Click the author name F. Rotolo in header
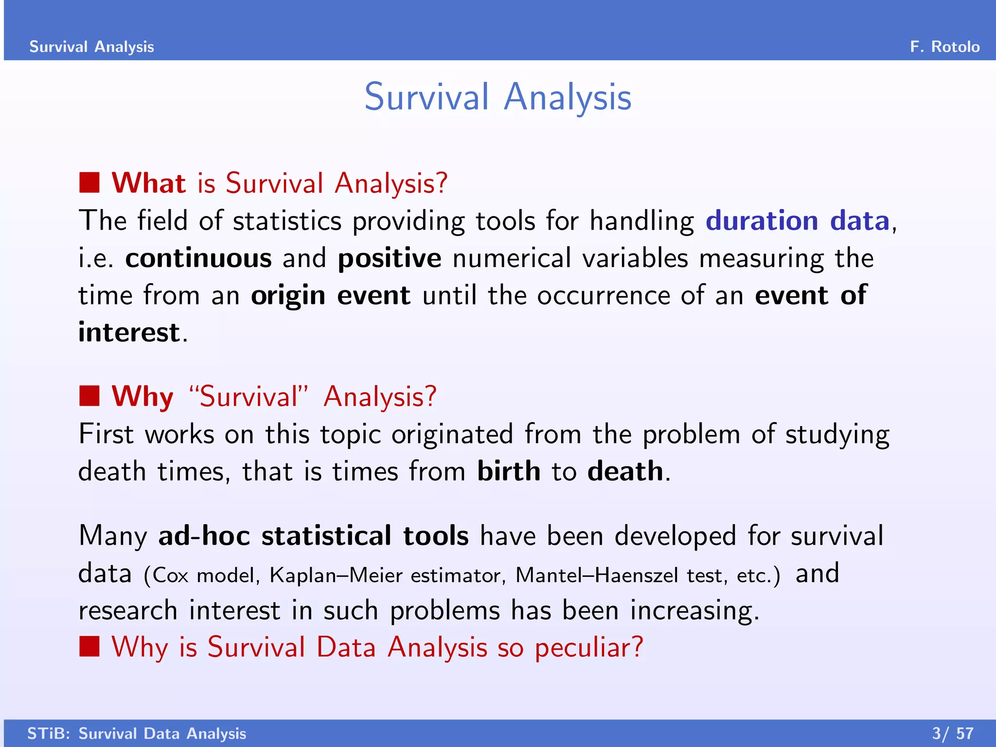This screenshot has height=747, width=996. [x=944, y=47]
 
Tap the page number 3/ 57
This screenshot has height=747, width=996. [x=953, y=733]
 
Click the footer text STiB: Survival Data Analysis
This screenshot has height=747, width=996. [x=137, y=733]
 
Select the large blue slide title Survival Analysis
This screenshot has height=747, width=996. [x=498, y=97]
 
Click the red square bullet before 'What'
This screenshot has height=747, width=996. [x=89, y=183]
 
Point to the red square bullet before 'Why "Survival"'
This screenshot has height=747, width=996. [x=89, y=396]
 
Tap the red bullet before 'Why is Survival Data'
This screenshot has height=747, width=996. [x=89, y=647]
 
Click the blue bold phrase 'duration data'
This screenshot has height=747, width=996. [x=798, y=221]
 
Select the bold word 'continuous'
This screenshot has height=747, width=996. [x=198, y=258]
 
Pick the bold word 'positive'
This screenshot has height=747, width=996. [x=390, y=258]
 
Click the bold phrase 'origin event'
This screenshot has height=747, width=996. [x=331, y=295]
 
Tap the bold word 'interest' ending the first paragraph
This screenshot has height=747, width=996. [x=129, y=332]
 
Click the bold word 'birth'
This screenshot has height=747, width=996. [x=509, y=471]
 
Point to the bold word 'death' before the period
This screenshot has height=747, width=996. [x=625, y=471]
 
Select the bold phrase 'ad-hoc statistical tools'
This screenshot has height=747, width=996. [x=314, y=535]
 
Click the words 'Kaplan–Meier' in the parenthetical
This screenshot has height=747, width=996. [x=336, y=575]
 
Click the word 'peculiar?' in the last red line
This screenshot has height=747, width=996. [x=589, y=648]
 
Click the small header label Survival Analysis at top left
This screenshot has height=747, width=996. [x=91, y=47]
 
